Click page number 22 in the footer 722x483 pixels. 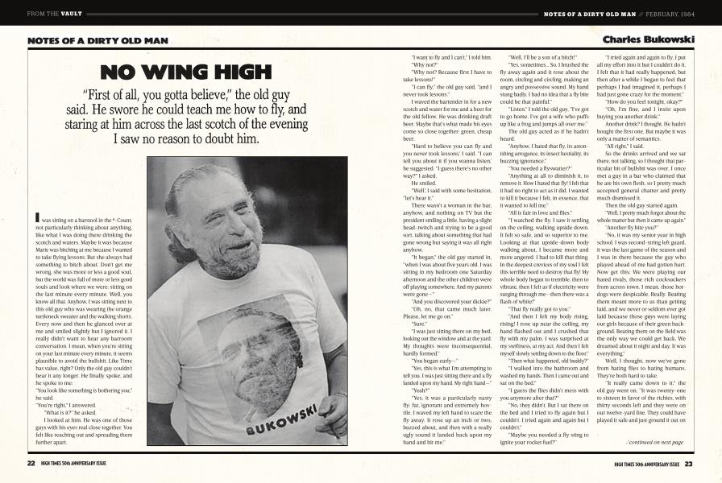[x=31, y=463]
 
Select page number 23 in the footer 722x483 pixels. [x=690, y=463]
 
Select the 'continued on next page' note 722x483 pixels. [x=654, y=442]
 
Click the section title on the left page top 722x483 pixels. [x=77, y=40]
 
